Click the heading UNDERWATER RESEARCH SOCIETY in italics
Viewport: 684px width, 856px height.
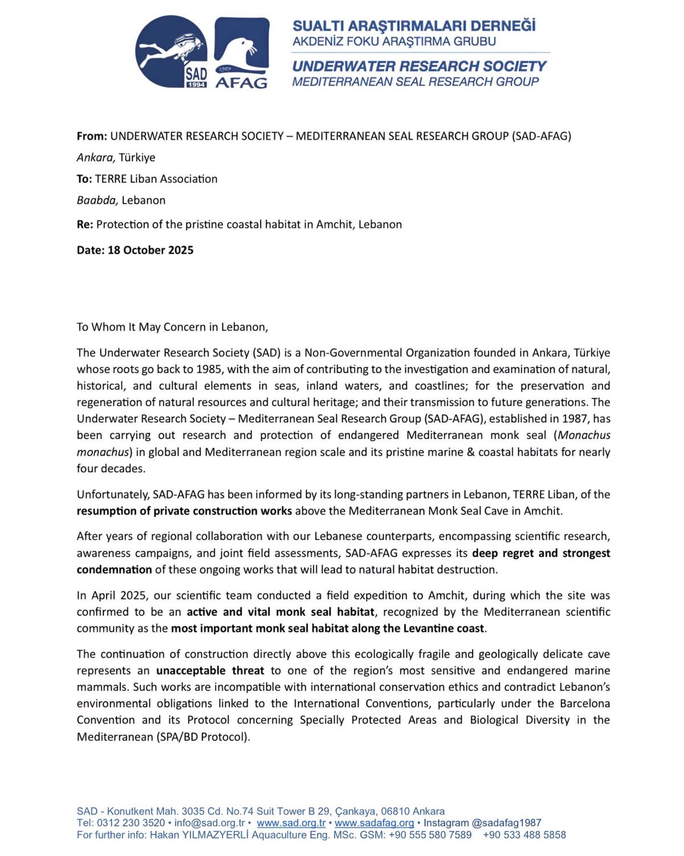(419, 66)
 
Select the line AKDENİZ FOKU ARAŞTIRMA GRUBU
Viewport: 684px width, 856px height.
(394, 41)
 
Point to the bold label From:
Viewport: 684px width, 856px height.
(92, 136)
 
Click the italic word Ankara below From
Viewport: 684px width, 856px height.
(96, 158)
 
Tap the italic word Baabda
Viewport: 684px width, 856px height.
(97, 200)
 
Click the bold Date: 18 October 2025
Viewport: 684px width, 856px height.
(135, 250)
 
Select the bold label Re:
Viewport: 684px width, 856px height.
(85, 224)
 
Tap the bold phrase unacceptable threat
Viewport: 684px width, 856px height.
(210, 671)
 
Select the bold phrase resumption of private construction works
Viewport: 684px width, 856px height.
(184, 511)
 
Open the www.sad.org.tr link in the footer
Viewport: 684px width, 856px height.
(291, 823)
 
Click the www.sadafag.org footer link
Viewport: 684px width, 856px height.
(374, 823)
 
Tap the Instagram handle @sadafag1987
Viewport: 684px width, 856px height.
(506, 823)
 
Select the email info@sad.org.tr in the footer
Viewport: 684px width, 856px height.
(209, 823)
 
